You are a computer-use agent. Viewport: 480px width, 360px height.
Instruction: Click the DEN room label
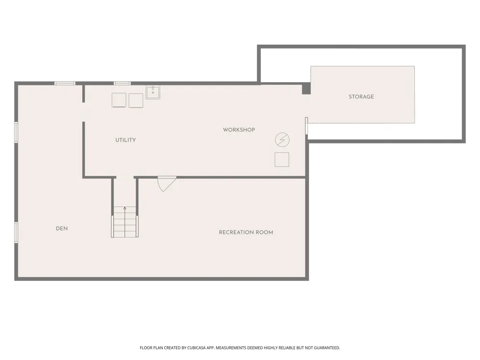pos(62,228)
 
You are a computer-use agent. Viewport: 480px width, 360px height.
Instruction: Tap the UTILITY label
pos(125,140)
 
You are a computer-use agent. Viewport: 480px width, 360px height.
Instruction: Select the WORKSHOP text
pos(239,130)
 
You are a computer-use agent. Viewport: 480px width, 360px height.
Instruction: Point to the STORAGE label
pos(361,96)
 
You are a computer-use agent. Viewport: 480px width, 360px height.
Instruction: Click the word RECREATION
pos(236,232)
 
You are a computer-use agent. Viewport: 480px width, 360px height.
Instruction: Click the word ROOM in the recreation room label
pos(264,232)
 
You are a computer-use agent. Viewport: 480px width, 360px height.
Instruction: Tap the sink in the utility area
pos(153,93)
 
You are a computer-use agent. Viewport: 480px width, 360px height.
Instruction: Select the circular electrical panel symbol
pos(282,140)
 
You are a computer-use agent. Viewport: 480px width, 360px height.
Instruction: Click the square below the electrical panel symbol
pos(282,159)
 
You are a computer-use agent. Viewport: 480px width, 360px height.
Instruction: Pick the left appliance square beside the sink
pos(119,100)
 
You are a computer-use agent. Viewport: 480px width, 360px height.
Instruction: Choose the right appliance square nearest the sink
pos(136,101)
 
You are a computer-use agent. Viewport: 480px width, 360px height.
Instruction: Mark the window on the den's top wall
pos(65,83)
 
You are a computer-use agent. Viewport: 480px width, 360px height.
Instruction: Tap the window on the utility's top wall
pos(122,83)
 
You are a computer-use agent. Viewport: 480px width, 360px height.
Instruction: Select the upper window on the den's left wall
pos(16,132)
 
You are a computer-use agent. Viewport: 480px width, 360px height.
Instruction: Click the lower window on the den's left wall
pos(16,232)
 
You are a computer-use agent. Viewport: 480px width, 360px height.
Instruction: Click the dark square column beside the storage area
pos(306,89)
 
